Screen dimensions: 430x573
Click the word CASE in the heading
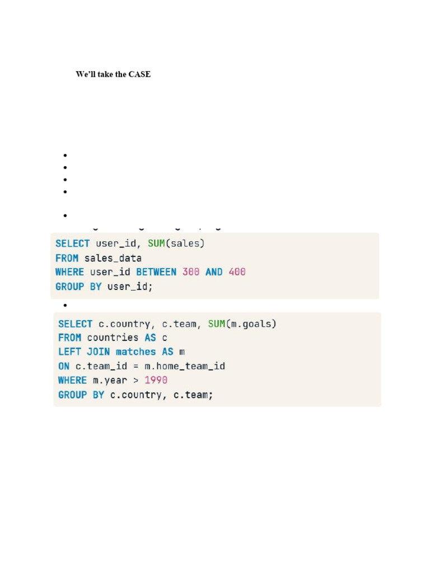click(x=139, y=74)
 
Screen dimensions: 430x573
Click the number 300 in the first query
click(x=191, y=272)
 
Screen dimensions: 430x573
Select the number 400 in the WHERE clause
click(x=237, y=272)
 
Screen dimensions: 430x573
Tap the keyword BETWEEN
click(x=156, y=272)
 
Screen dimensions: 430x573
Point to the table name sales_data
click(x=113, y=258)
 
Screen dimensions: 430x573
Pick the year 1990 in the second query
click(x=156, y=381)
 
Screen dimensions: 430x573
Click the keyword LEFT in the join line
click(x=69, y=352)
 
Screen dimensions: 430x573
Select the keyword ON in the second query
click(x=64, y=366)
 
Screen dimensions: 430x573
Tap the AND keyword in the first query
click(x=214, y=272)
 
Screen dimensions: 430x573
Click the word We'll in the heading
click(x=86, y=74)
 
